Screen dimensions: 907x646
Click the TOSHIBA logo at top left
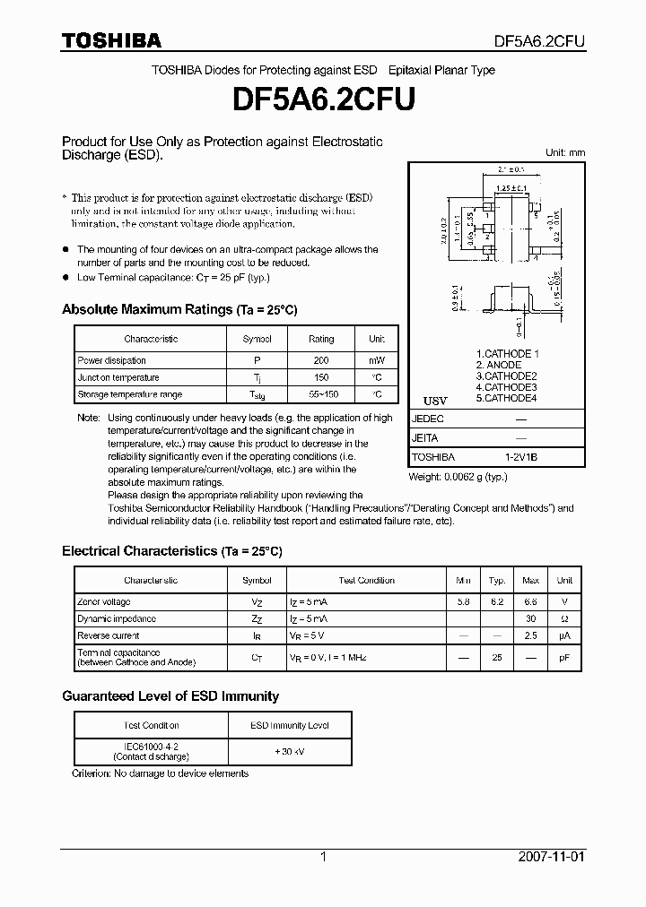click(111, 40)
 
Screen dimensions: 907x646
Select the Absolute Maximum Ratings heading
click(179, 309)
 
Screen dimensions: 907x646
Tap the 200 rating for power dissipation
click(320, 360)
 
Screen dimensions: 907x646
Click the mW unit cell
click(377, 360)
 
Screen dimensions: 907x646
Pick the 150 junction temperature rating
click(320, 377)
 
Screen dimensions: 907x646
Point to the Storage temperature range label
click(129, 394)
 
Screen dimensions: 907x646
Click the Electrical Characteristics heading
click(171, 551)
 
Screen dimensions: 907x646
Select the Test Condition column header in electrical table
click(366, 580)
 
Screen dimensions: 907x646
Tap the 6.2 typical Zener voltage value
click(496, 602)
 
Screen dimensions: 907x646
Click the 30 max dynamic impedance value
click(530, 619)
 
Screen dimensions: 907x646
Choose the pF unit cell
click(564, 657)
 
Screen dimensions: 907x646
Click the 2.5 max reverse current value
click(530, 636)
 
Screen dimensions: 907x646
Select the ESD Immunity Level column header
click(289, 725)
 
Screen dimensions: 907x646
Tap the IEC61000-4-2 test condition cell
click(151, 751)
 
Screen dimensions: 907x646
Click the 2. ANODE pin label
click(499, 365)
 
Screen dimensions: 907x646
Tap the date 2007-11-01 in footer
click(550, 857)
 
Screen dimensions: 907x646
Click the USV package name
click(434, 400)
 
